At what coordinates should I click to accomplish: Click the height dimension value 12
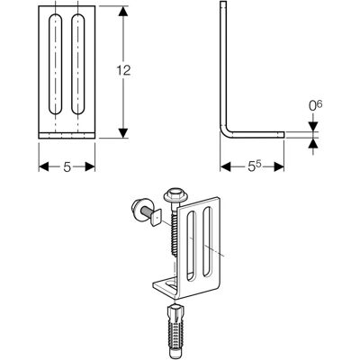[x=123, y=70]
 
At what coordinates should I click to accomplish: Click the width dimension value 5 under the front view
[x=67, y=166]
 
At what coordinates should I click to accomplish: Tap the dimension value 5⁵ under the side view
[x=255, y=166]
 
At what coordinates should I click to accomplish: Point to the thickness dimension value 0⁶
[x=315, y=106]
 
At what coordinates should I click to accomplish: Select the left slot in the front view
[x=56, y=64]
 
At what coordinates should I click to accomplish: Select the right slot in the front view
[x=78, y=64]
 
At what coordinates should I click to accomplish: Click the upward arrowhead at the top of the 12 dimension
[x=122, y=12]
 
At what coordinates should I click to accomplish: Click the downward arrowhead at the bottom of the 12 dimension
[x=122, y=133]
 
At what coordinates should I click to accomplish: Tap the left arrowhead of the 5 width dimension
[x=44, y=166]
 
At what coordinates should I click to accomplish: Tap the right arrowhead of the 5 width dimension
[x=90, y=166]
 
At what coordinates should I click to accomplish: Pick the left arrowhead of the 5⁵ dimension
[x=225, y=166]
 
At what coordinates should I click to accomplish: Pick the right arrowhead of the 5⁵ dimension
[x=279, y=166]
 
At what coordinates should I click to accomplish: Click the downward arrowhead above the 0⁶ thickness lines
[x=313, y=127]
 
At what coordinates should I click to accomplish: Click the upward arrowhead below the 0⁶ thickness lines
[x=313, y=143]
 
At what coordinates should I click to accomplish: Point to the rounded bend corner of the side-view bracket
[x=224, y=132]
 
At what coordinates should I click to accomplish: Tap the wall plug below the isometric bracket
[x=174, y=328]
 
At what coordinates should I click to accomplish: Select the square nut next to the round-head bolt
[x=157, y=217]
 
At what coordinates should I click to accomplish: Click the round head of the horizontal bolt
[x=138, y=209]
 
